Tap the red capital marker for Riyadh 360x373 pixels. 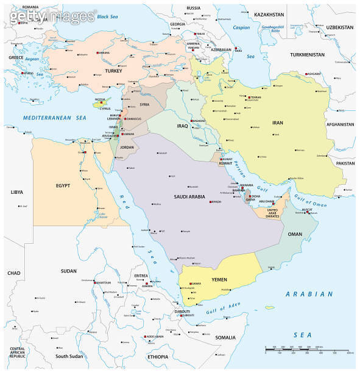click(211, 202)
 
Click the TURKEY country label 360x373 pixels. click(114, 71)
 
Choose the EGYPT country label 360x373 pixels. click(63, 185)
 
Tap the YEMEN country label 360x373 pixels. click(219, 279)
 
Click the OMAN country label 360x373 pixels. click(295, 233)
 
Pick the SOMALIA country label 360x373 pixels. click(225, 337)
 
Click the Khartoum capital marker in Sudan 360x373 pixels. click(95, 283)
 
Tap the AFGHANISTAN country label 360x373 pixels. click(340, 124)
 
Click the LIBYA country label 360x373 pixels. click(16, 191)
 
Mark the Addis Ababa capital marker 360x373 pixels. click(145, 336)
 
